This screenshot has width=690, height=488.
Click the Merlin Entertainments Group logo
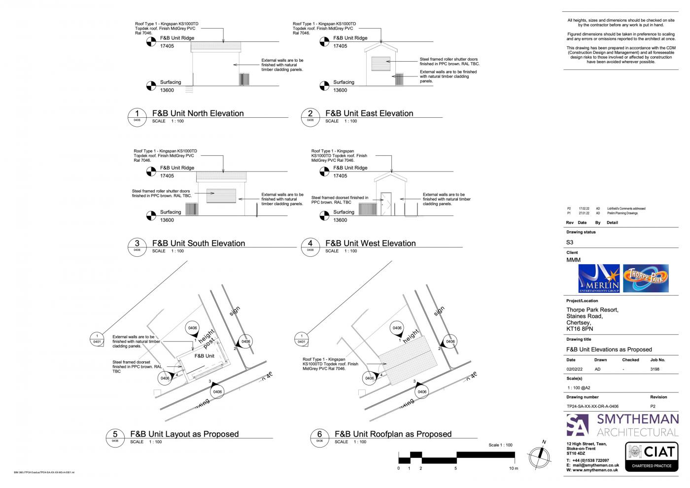click(598, 279)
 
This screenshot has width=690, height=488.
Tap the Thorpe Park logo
click(646, 279)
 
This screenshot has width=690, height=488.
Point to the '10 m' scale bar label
click(513, 468)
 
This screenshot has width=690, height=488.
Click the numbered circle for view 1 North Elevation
click(137, 115)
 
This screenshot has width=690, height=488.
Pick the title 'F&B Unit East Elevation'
click(369, 113)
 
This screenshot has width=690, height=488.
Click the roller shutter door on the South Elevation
click(219, 195)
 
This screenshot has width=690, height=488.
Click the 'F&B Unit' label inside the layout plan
click(204, 356)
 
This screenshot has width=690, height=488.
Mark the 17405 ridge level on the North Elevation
click(167, 46)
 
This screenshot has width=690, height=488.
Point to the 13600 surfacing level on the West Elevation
click(340, 220)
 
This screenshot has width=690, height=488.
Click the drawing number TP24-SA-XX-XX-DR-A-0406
click(592, 406)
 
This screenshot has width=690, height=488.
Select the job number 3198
click(655, 369)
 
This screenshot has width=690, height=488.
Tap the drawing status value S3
click(570, 242)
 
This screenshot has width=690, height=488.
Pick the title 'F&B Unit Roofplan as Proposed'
click(393, 434)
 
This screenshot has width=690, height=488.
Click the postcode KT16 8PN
click(580, 329)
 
